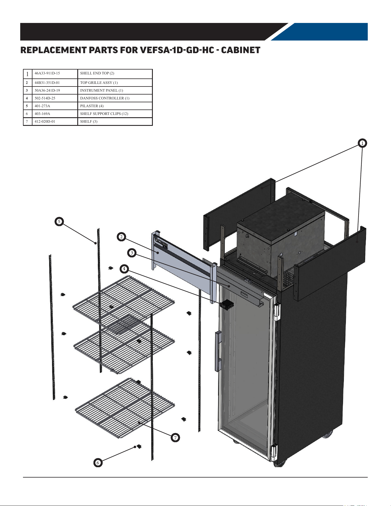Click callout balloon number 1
click(362, 143)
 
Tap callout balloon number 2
click(122, 237)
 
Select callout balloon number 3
click(132, 253)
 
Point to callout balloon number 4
click(124, 269)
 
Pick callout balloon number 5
click(59, 222)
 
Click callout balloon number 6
click(98, 463)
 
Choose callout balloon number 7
click(175, 438)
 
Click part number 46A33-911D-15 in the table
click(47, 73)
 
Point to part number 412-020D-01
click(45, 122)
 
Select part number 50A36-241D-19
click(47, 91)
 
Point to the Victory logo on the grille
click(161, 242)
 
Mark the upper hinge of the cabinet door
click(277, 312)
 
